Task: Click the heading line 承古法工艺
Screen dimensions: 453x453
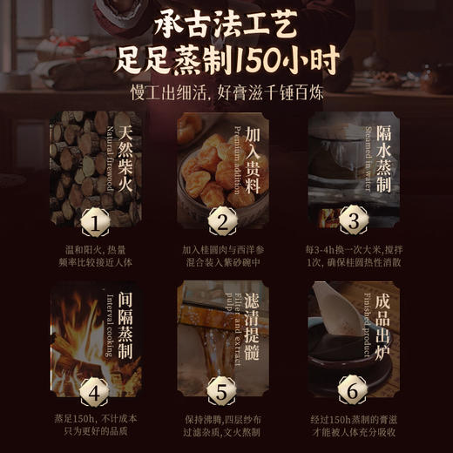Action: (x=226, y=22)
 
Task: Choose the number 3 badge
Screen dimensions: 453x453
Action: (x=353, y=221)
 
